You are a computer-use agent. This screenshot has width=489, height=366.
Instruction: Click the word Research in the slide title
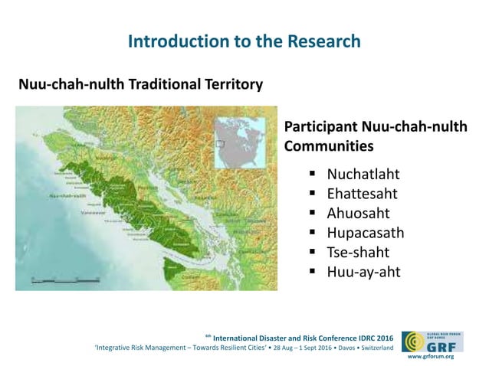click(x=321, y=41)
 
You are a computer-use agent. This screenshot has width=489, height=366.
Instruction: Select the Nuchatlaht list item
click(x=363, y=174)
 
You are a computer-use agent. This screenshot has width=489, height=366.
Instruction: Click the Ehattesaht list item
click(x=362, y=193)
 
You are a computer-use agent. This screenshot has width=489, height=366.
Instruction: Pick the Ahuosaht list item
click(x=358, y=213)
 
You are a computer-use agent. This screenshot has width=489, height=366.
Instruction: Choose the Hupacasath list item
click(x=365, y=232)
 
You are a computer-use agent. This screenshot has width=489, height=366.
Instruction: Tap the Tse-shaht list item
click(x=358, y=251)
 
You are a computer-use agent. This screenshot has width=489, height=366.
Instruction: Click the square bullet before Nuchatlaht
click(x=313, y=174)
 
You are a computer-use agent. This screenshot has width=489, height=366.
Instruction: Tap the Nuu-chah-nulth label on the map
click(x=67, y=195)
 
